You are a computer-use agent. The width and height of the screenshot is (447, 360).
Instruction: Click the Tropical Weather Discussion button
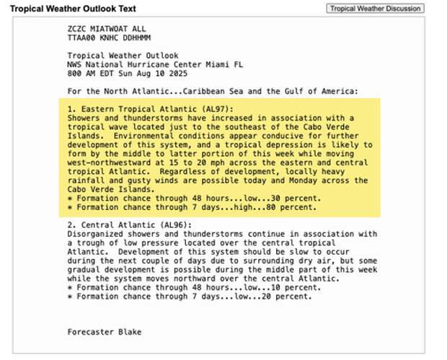(374, 8)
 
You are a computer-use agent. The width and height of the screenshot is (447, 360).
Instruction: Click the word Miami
(222, 63)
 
